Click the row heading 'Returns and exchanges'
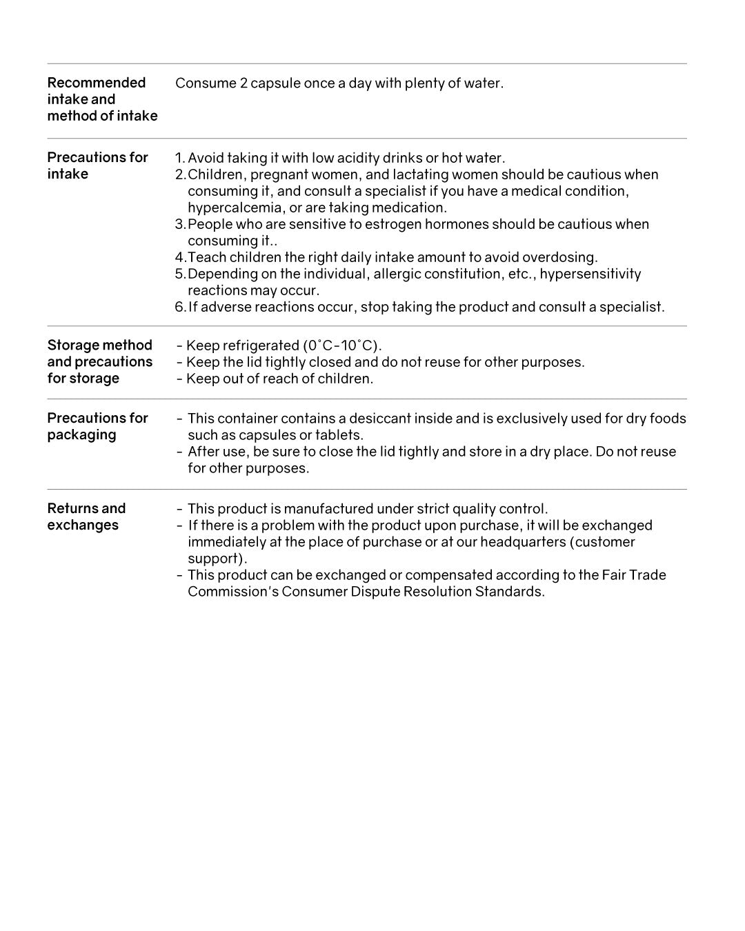point(86,517)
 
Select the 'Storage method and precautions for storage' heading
point(99,361)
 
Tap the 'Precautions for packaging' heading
point(97,426)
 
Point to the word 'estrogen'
point(393,224)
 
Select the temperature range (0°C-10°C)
point(341,346)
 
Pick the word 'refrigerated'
point(257,346)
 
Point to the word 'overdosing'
point(559,257)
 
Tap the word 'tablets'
point(338,435)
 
